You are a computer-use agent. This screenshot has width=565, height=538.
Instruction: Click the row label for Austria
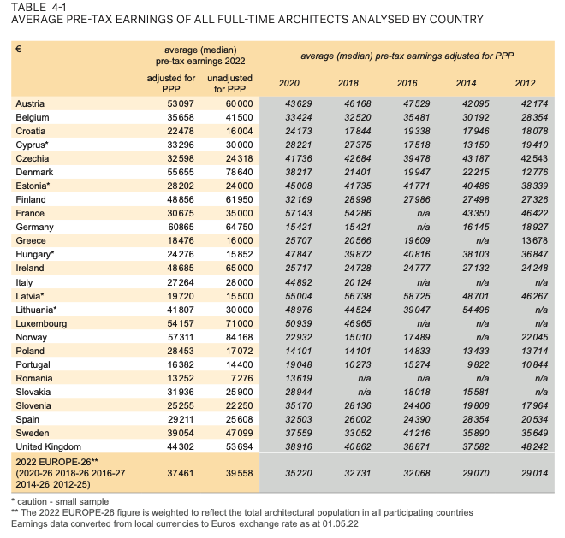[x=30, y=103]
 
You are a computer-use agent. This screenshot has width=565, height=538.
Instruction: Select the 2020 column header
[x=290, y=83]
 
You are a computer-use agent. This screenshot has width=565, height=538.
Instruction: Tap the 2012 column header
[x=525, y=83]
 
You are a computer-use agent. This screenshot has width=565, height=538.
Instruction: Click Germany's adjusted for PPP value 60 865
[x=171, y=227]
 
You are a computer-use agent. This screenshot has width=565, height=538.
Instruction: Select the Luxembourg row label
[x=41, y=323]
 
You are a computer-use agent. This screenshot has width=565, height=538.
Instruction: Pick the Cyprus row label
[x=33, y=145]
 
